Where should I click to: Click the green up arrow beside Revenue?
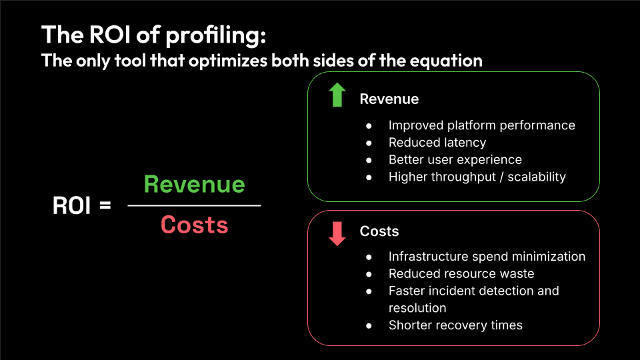(337, 96)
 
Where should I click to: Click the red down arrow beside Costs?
(337, 233)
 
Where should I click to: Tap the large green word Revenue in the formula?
(194, 184)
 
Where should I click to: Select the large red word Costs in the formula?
(194, 225)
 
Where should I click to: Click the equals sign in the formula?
(105, 206)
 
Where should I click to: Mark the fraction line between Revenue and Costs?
(194, 205)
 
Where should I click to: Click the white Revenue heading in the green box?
(389, 99)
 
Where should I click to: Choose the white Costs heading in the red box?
(379, 231)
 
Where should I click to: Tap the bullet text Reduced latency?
(437, 142)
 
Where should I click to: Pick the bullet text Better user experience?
(455, 159)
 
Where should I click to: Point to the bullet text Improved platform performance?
(481, 125)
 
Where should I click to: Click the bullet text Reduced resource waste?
(461, 273)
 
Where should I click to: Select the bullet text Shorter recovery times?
(455, 325)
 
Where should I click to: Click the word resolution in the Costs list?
(417, 308)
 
